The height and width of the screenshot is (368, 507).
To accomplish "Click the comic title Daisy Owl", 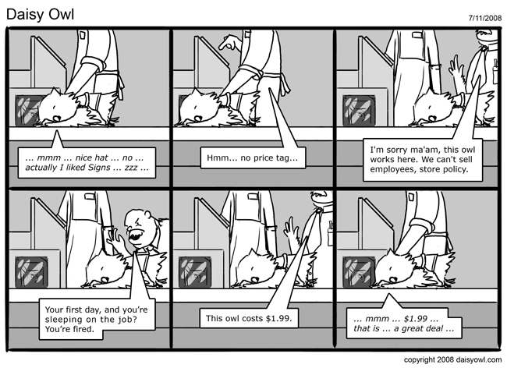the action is coord(40,15).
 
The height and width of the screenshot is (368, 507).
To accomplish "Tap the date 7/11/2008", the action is coord(484,18).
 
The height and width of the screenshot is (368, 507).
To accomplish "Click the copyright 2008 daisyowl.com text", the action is coord(452,359).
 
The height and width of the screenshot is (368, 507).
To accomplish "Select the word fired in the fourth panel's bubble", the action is coord(84,329).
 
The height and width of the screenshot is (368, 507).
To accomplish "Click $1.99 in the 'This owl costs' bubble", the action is coord(278,318).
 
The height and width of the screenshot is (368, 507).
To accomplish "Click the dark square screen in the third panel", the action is coord(359,110).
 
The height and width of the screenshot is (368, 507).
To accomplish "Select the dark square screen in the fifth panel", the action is coord(195,272).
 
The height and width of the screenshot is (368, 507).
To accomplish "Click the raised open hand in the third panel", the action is coord(457,69).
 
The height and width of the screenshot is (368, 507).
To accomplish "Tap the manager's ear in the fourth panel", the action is coord(148,214).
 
